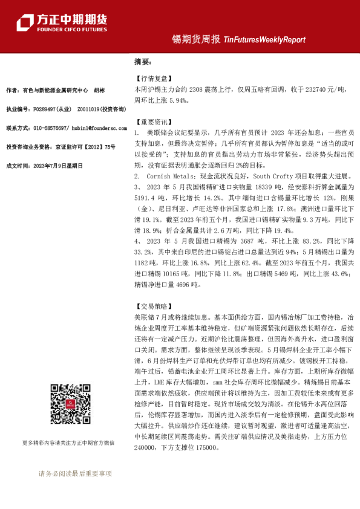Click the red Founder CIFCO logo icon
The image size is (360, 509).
(x=25, y=22)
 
